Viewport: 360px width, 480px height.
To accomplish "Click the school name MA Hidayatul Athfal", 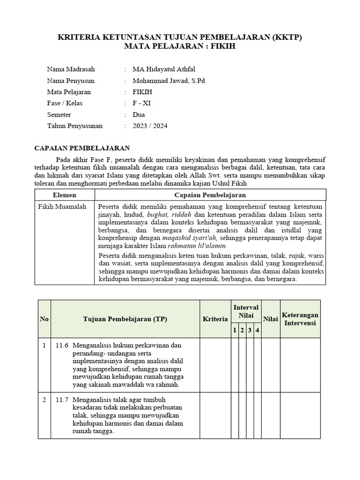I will pyautogui.click(x=164, y=69).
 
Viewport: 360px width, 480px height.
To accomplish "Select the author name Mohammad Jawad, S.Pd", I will pyautogui.click(x=169, y=81).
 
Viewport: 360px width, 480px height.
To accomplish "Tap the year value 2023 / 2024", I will pyautogui.click(x=150, y=126).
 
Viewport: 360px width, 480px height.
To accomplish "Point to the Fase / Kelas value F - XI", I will pyautogui.click(x=142, y=103).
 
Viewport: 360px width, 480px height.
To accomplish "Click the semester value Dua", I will pyautogui.click(x=139, y=114).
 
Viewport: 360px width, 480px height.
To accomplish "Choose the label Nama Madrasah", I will pyautogui.click(x=70, y=69).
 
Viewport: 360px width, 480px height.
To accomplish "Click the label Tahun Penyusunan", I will pyautogui.click(x=75, y=126).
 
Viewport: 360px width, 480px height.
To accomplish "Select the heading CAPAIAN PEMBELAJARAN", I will pyautogui.click(x=82, y=148).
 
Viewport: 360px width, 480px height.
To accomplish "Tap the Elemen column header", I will pyautogui.click(x=65, y=195).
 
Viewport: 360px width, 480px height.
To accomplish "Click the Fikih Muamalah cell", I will pyautogui.click(x=62, y=207).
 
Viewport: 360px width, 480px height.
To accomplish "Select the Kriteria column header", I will pyautogui.click(x=215, y=319).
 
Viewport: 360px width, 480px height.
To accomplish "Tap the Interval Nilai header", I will pyautogui.click(x=246, y=311).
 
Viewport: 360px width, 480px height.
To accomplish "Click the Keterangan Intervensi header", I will pyautogui.click(x=300, y=319).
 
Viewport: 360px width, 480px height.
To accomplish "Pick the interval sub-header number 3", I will pyautogui.click(x=250, y=330).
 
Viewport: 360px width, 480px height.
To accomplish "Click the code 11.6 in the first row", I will pyautogui.click(x=62, y=345).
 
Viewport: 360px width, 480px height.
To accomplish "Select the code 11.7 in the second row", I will pyautogui.click(x=62, y=400).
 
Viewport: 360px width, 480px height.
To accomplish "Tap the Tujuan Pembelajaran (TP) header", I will pyautogui.click(x=125, y=319).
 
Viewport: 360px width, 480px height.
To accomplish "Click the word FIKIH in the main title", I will pyautogui.click(x=225, y=47).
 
